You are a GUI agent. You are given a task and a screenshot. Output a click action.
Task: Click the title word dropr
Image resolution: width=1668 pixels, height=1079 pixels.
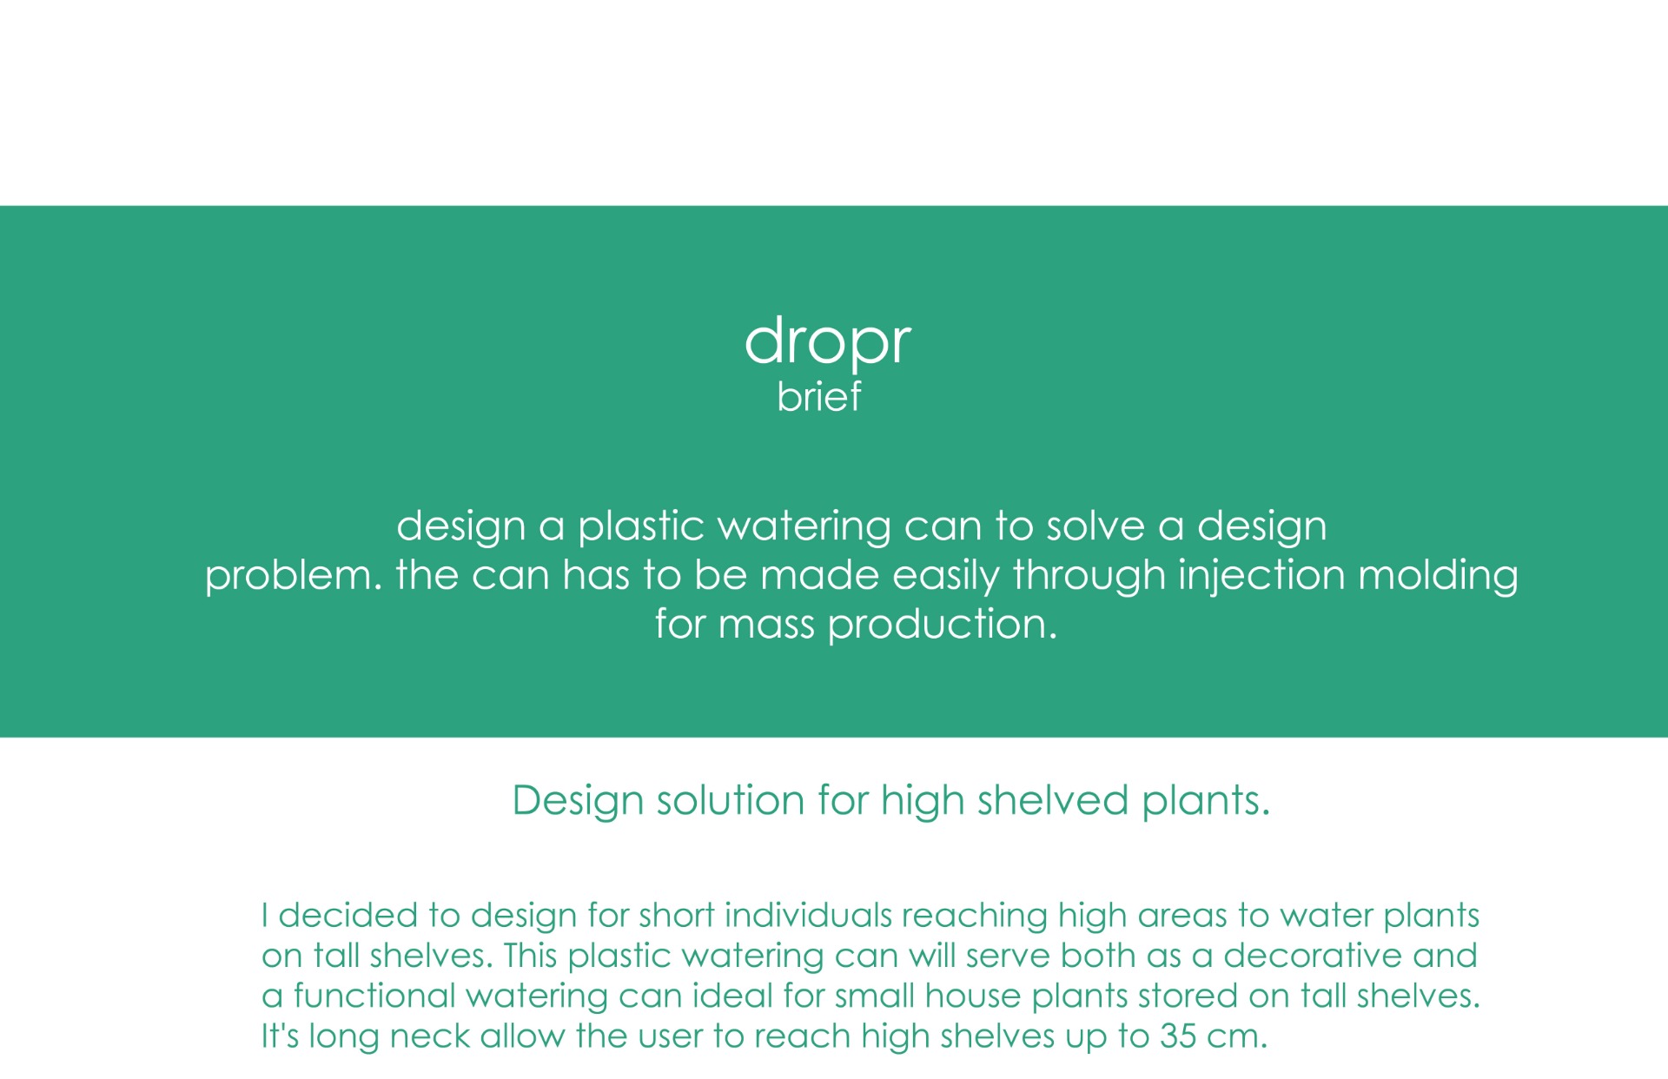coord(827,341)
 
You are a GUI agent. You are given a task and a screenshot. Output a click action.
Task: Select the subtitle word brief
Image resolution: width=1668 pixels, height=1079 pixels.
coord(818,396)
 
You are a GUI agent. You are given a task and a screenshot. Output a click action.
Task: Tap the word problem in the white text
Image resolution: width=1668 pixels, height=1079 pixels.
coord(293,577)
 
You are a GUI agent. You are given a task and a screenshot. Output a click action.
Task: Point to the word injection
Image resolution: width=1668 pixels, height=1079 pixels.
coord(1261,577)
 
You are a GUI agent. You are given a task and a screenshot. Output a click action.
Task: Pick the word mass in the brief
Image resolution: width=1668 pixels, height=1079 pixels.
coord(766,626)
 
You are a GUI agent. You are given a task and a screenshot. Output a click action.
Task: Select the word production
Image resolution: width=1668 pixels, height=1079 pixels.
coord(943,626)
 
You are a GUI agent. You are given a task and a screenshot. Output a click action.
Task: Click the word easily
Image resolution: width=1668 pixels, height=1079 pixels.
coord(946,577)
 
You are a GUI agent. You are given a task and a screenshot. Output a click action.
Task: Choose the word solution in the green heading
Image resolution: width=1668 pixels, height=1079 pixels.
coord(731,800)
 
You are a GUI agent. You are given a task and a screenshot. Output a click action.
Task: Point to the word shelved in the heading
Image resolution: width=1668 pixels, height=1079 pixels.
coord(1053,800)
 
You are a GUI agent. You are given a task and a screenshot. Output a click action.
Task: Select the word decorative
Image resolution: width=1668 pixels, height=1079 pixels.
coord(1313,956)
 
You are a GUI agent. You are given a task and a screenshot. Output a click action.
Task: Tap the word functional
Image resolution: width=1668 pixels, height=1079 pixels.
coord(374,996)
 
